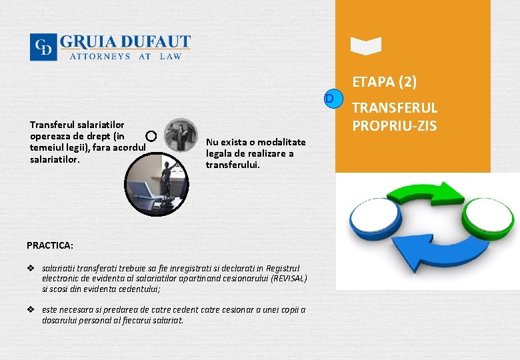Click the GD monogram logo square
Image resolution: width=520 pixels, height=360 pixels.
(43, 47)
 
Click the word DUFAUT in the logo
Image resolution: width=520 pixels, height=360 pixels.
(159, 42)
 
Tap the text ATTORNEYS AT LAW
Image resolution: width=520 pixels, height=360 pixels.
(125, 57)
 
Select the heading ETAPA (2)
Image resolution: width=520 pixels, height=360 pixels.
(385, 82)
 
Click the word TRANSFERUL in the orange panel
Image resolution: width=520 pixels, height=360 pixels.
(395, 107)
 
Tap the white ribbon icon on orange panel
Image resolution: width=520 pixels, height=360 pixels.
(366, 45)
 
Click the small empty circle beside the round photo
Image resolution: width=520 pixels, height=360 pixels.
(151, 136)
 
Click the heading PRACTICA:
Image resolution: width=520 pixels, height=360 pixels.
(50, 245)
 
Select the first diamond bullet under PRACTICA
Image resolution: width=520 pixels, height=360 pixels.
(31, 268)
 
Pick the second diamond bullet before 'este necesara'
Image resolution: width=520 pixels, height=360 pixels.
(31, 310)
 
